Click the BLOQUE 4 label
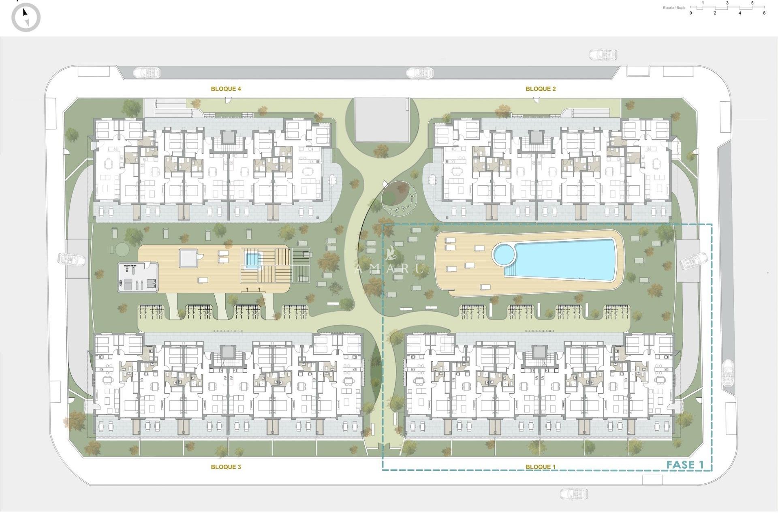click(x=226, y=89)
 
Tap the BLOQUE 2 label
click(x=540, y=89)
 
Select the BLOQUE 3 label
click(x=226, y=467)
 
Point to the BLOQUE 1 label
click(x=540, y=467)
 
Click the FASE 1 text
click(x=685, y=465)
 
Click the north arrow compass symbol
click(x=26, y=17)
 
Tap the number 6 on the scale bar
click(x=764, y=13)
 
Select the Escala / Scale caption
click(x=674, y=8)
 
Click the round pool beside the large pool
click(x=504, y=254)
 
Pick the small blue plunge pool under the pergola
click(x=252, y=259)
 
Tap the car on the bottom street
click(x=574, y=493)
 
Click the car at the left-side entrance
click(x=72, y=259)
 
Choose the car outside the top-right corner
click(x=603, y=54)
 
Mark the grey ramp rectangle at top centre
click(x=382, y=119)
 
